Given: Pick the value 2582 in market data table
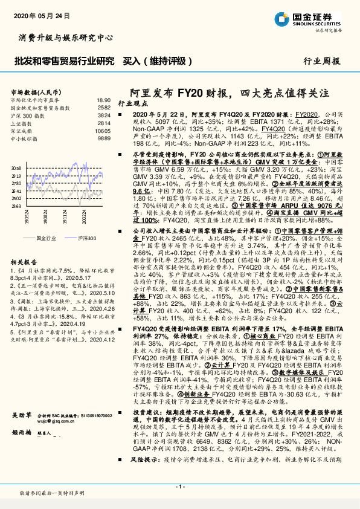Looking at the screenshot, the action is pos(104,107).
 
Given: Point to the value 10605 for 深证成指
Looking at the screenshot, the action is pos(103,131).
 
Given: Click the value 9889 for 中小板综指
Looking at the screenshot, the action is pos(104,138).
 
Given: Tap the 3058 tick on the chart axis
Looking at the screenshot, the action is pos(16,167).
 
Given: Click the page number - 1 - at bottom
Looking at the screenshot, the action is pos(179,487).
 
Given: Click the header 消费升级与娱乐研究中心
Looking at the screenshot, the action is pos(66,37).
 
